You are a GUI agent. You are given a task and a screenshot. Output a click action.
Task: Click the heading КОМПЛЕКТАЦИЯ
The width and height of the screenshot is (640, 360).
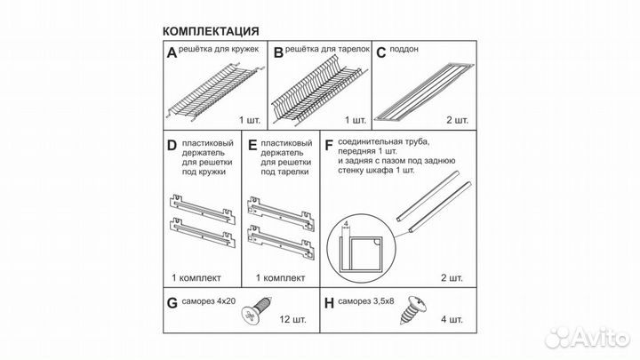coord(211,31)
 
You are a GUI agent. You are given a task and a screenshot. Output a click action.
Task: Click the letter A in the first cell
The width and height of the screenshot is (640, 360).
coord(172,52)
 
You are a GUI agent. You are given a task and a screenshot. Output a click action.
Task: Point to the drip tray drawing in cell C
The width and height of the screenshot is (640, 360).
coord(425,92)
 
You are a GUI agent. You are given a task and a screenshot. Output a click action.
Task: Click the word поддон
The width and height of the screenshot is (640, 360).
coord(404,49)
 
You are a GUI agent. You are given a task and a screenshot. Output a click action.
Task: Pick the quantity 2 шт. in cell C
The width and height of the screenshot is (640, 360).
coord(457,120)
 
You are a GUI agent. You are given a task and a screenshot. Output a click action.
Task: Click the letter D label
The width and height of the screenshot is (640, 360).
coord(172,145)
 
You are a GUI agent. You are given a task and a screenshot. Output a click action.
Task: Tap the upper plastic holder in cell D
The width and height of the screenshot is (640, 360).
coord(203,208)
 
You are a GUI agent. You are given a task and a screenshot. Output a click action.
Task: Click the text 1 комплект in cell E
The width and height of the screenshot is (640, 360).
coord(280,278)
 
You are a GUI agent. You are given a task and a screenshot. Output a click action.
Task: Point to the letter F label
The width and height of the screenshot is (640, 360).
coord(329,145)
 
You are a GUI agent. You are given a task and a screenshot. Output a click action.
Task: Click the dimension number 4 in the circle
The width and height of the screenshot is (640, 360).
coord(346,224)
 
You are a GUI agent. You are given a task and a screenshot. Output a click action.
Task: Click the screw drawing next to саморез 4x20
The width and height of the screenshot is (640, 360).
coord(256,310)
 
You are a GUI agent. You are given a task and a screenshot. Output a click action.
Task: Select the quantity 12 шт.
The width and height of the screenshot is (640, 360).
coord(292,319)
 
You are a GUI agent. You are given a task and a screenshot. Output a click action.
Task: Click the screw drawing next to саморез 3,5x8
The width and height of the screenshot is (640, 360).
coord(413,310)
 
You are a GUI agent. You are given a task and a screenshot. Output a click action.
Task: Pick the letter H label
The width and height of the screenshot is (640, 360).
coord(329,303)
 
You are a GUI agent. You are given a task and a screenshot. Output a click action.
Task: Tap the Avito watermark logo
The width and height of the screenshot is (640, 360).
coord(588,337)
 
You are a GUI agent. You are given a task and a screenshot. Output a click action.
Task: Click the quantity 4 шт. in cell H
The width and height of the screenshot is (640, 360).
coord(452,319)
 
